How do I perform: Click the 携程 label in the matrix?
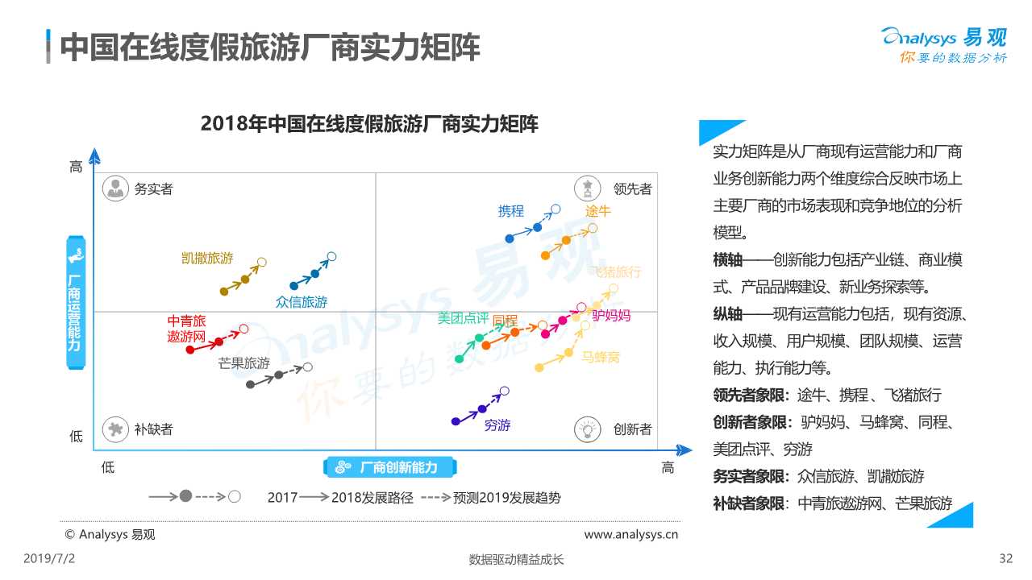[511, 212]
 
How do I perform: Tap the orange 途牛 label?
[597, 212]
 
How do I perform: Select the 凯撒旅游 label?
[207, 259]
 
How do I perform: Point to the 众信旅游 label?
[302, 302]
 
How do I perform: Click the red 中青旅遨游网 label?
[186, 329]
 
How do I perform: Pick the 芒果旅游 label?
[243, 363]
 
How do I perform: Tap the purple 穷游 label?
[497, 425]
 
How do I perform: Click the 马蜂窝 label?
[601, 357]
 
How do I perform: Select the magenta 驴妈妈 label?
[611, 315]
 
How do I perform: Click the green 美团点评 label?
[463, 318]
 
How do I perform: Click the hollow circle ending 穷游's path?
[505, 391]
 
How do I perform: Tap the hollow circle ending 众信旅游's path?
[331, 257]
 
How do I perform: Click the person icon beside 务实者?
[116, 188]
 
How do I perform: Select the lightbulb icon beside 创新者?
[588, 429]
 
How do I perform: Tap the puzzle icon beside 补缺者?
[116, 429]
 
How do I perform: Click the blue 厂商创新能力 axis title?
[390, 467]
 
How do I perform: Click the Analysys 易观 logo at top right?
[944, 45]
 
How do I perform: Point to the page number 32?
[1005, 558]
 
